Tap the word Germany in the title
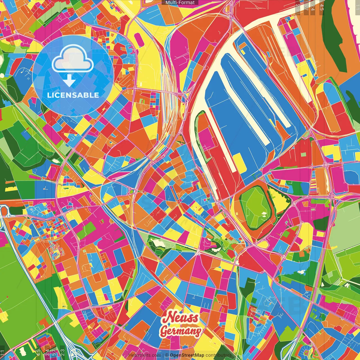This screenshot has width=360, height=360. pyautogui.click(x=181, y=331)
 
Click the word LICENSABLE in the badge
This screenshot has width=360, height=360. pyautogui.click(x=73, y=95)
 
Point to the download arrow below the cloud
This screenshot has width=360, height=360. pyautogui.click(x=69, y=80)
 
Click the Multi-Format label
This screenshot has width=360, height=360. pyautogui.click(x=180, y=3)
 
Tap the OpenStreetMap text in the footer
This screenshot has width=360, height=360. pyautogui.click(x=187, y=355)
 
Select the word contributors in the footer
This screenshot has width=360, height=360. pyautogui.click(x=219, y=355)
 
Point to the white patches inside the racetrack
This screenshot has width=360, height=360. pyautogui.click(x=264, y=215)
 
